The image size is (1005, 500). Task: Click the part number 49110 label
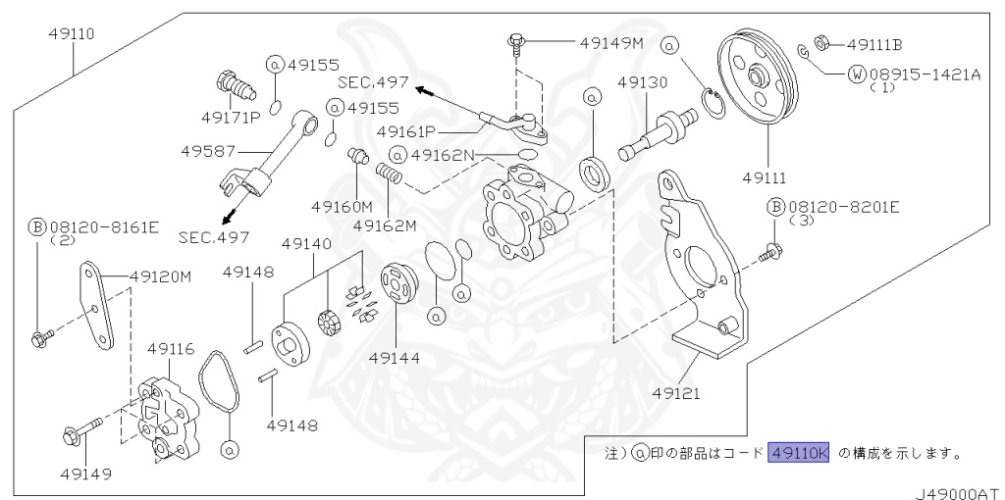pos(73,32)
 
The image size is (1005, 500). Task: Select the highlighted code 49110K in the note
pos(800,453)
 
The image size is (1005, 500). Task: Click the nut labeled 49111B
pos(824,43)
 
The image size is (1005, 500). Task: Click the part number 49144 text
pos(396,358)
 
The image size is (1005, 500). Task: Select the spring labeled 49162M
pos(392,175)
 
